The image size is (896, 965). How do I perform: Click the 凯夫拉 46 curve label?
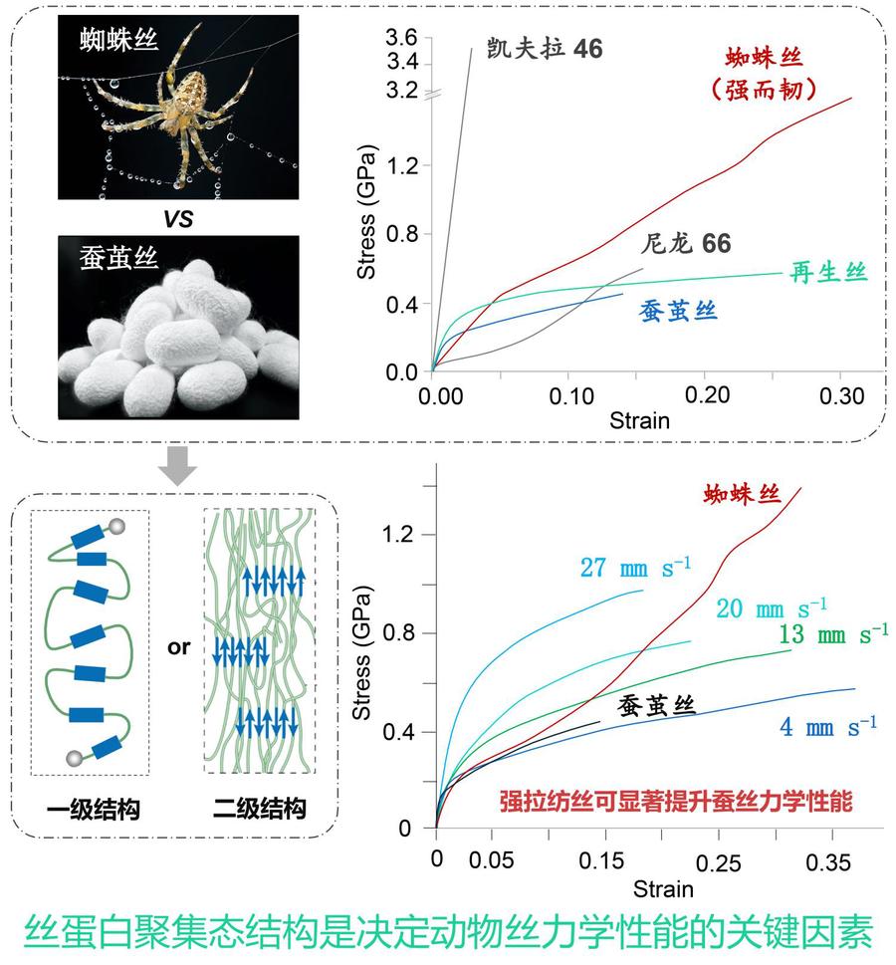[x=545, y=48]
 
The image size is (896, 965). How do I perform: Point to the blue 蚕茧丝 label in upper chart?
[x=677, y=311]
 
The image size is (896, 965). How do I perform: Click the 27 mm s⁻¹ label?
[x=635, y=569]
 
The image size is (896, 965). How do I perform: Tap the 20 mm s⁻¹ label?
[x=772, y=606]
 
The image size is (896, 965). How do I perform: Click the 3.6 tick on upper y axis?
[x=402, y=39]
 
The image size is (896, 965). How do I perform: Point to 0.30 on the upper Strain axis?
[x=842, y=395]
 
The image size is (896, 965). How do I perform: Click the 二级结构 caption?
[x=259, y=810]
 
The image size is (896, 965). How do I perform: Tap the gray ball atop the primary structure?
[x=117, y=525]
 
